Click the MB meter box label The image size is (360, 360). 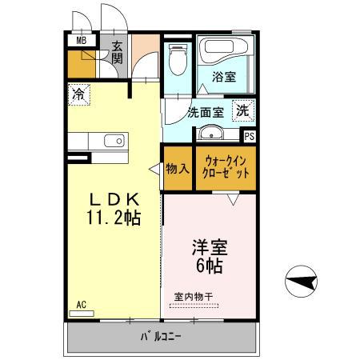pos(81,40)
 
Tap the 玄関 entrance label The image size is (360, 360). pos(117,53)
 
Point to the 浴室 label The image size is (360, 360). pos(223,78)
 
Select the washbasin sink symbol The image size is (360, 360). pos(210,132)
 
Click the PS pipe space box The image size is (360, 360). pos(249,136)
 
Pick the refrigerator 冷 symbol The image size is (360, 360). pos(78,94)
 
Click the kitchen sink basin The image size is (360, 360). pos(113,142)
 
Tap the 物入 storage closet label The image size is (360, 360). pos(178,169)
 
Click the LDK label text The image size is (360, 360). pos(114,198)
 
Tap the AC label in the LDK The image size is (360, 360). pos(81,305)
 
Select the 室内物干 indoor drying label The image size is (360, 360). pos(194,296)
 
